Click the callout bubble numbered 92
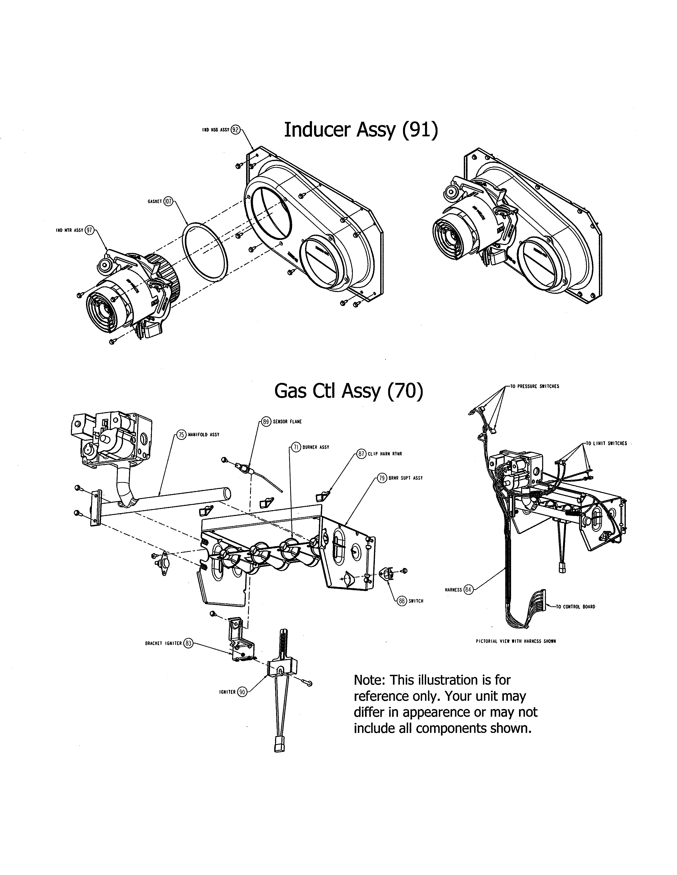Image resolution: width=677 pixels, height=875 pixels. click(x=236, y=130)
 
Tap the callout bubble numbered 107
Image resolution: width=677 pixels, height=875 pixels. click(x=168, y=202)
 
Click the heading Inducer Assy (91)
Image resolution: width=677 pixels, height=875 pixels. click(x=361, y=130)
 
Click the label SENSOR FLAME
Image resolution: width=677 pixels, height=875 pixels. click(x=287, y=422)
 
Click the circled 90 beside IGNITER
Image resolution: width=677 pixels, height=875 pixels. click(x=242, y=692)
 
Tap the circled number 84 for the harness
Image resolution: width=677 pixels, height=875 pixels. click(x=468, y=590)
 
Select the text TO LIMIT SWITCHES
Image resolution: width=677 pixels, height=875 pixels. click(x=606, y=444)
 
